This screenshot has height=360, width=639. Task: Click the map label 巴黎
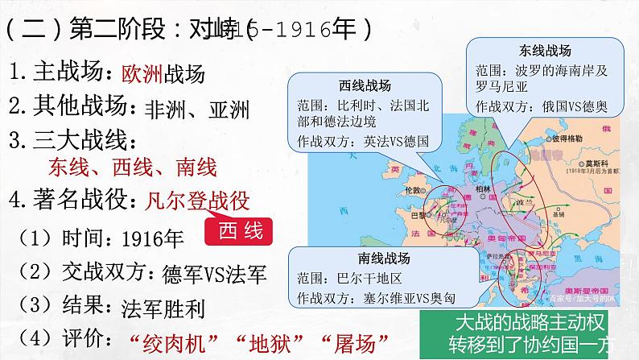(418, 214)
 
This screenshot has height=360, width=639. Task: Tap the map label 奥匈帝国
(503, 240)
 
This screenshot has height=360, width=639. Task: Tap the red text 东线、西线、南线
(133, 168)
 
